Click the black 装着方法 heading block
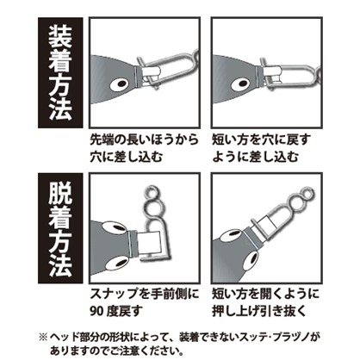click(60, 73)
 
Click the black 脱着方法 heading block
click(60, 228)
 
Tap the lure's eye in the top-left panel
click(120, 84)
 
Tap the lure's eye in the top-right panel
click(241, 84)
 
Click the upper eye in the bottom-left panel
click(115, 227)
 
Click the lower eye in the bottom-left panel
click(118, 262)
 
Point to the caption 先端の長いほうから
click(144, 140)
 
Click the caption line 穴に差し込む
click(127, 157)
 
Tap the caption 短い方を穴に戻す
click(261, 140)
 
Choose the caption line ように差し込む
click(256, 157)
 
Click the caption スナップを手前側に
click(145, 294)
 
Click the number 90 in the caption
click(96, 311)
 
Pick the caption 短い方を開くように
click(265, 294)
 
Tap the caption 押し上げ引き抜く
click(259, 311)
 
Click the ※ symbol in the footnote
click(43, 337)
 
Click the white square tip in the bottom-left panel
click(149, 243)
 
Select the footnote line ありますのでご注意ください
click(117, 351)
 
